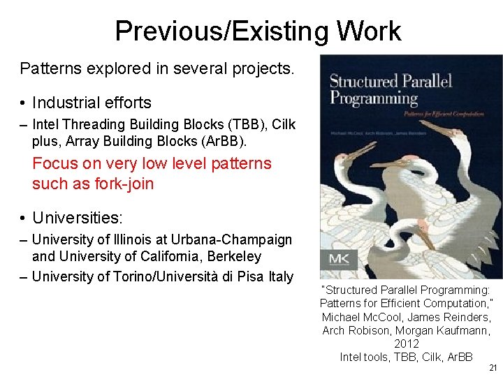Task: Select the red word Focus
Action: pyautogui.click(x=55, y=164)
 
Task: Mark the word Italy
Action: pyautogui.click(x=281, y=277)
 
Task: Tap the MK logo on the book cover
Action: pyautogui.click(x=342, y=259)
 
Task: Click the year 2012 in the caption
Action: pyautogui.click(x=407, y=343)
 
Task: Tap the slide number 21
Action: pyautogui.click(x=493, y=368)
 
